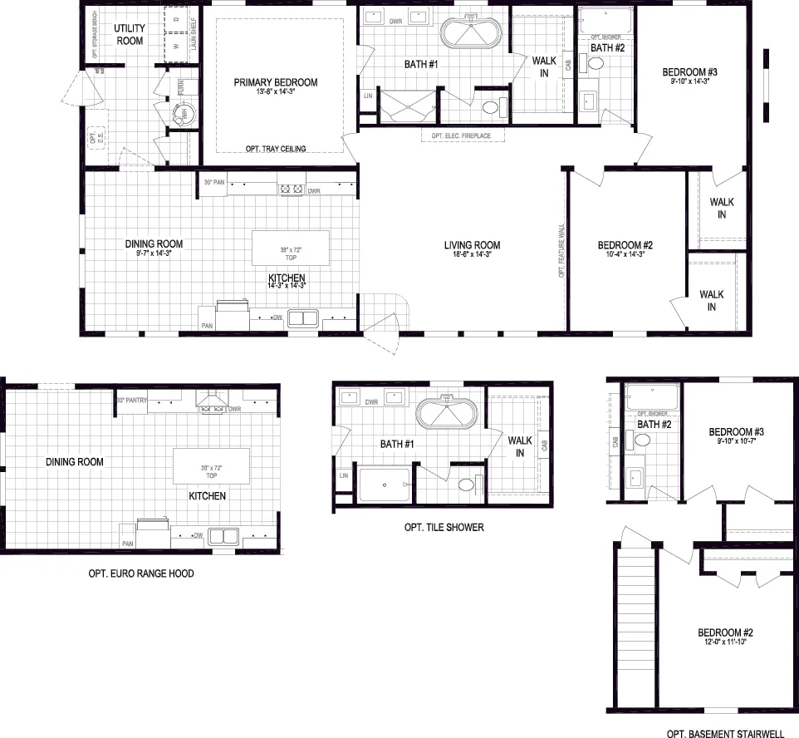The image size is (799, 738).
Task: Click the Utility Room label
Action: click(129, 34)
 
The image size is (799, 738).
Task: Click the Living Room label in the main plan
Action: click(472, 244)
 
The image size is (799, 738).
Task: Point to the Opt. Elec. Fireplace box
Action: click(461, 135)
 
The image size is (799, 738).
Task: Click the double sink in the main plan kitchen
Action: click(303, 317)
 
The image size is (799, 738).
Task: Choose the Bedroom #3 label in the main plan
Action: click(689, 71)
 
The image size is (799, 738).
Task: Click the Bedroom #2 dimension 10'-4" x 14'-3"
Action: click(625, 255)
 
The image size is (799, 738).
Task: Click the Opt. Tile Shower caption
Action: click(444, 527)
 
